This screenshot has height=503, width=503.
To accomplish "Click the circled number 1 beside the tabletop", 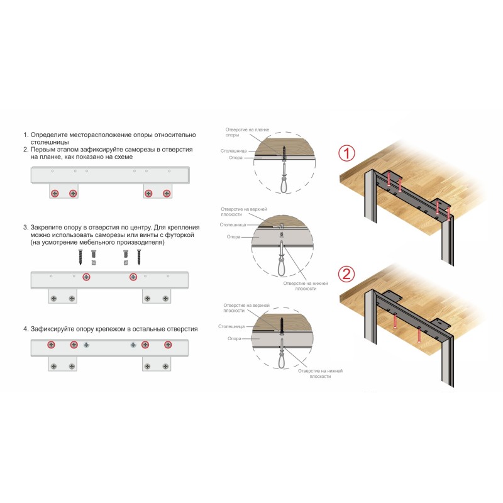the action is coord(347,153).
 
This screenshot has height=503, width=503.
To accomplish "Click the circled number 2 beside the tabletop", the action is coord(347,274).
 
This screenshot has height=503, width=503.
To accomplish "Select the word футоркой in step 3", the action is coord(179,235).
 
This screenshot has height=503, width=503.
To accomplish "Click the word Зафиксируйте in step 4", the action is coord(54,329).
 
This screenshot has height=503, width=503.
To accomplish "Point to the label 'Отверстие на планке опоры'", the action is coord(247,132).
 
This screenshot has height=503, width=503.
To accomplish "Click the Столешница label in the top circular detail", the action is coord(233,151).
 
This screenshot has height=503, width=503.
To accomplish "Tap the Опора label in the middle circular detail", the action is coord(233,237).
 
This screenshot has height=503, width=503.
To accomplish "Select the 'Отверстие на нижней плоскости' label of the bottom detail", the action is coord(320,373).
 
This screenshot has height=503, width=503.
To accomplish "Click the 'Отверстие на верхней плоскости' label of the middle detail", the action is coord(244,212).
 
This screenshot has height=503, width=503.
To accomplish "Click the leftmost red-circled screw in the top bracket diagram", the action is coord(55,194).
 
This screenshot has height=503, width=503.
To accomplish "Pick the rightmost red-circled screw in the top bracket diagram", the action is coord(167,194).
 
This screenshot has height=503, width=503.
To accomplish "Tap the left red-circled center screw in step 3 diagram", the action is coord(86,277).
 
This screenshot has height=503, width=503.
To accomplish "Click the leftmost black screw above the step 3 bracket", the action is coord(80,257).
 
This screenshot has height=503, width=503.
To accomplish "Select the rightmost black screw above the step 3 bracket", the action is coord(139,257).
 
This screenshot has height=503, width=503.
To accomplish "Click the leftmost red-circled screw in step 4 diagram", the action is coord(51,345).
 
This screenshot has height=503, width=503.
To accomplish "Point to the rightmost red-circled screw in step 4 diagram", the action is coord(168,345).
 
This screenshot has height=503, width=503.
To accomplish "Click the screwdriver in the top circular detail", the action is coord(284,178).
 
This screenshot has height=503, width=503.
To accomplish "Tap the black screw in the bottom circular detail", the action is coord(282,326).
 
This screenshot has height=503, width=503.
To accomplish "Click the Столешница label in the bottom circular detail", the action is coord(231,326).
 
